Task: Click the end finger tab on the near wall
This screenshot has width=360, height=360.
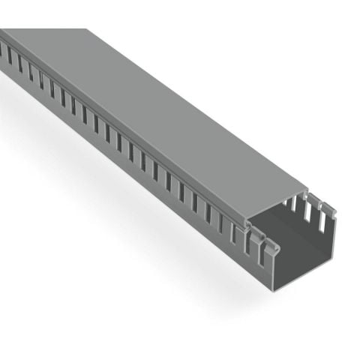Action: (x=262, y=244)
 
